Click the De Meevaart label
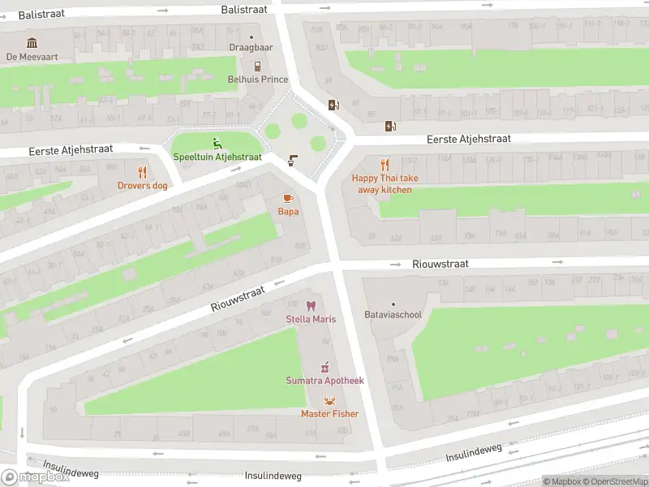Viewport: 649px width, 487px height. tap(32, 57)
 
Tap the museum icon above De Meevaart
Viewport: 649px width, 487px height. tap(32, 42)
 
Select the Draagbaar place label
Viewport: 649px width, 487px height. tap(251, 48)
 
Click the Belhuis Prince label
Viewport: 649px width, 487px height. tap(257, 80)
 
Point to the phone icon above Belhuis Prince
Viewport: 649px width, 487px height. tap(257, 66)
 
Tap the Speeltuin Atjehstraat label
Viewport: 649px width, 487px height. tap(217, 157)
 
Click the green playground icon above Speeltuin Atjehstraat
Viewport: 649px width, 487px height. tap(217, 143)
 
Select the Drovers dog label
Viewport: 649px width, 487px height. tap(142, 186)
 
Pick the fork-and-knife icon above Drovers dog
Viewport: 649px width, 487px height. tap(142, 171)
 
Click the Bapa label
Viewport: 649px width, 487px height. tap(288, 212)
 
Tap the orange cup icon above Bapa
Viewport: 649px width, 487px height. tap(287, 198)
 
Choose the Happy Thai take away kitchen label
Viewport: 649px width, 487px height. tap(385, 183)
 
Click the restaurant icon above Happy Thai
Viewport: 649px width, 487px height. tap(385, 165)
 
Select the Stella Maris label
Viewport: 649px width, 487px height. tap(310, 319)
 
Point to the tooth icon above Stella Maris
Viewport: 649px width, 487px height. tap(310, 305)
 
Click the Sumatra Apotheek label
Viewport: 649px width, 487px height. tap(324, 381)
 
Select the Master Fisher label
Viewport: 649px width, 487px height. tap(329, 414)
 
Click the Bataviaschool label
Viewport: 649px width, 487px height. tap(393, 314)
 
